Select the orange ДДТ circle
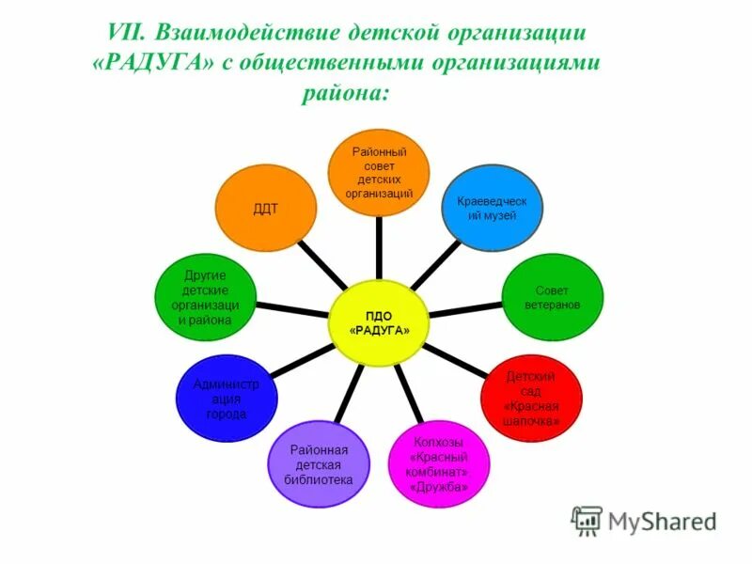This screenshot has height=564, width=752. (x=266, y=209)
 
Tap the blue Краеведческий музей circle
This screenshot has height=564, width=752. (x=492, y=208)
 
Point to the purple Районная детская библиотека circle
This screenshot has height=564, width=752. (x=319, y=465)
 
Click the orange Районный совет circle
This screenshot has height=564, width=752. (x=379, y=172)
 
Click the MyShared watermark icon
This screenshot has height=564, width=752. (x=587, y=521)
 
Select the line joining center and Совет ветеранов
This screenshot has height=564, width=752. (x=464, y=309)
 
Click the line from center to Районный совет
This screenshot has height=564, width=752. (x=379, y=248)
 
